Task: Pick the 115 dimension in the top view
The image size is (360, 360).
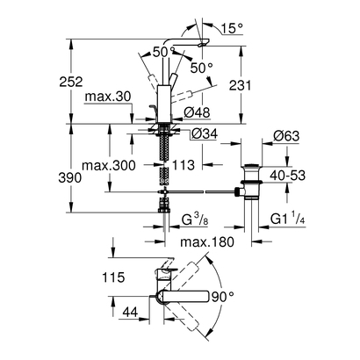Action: point(112,277)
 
